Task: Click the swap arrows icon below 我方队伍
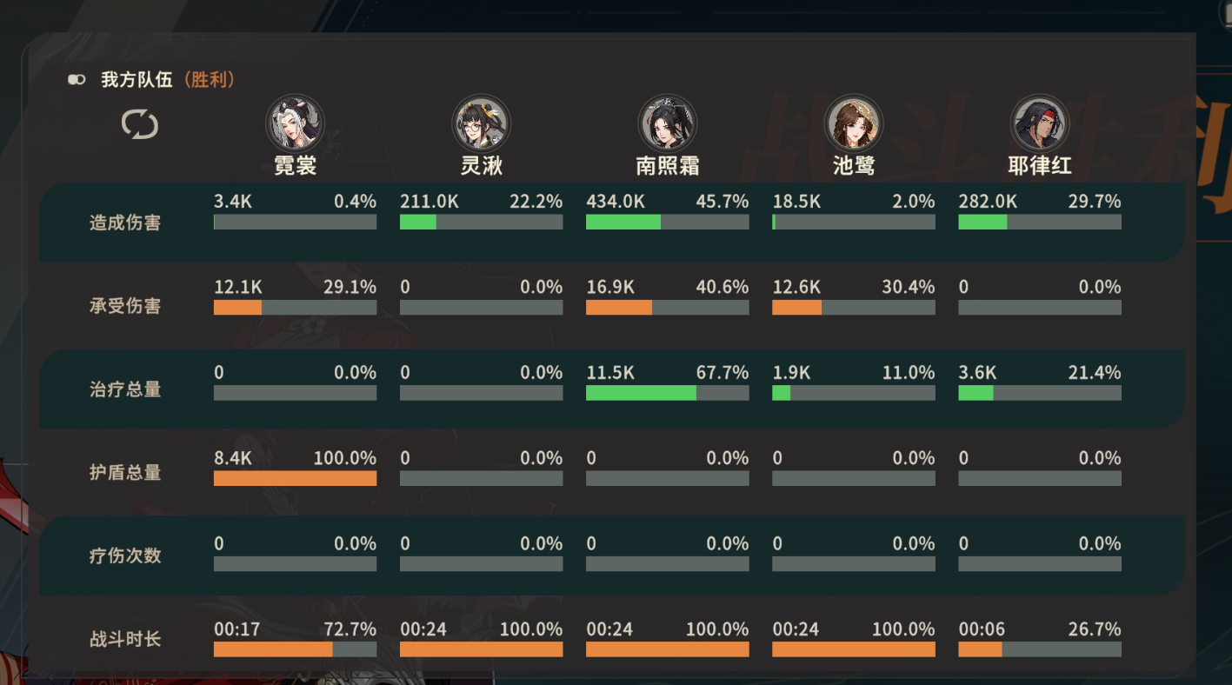pos(140,124)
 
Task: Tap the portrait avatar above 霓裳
pos(295,123)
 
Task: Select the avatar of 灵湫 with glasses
pos(481,123)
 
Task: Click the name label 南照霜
pos(667,165)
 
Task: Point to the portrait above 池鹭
pos(853,123)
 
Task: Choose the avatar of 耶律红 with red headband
pos(1039,123)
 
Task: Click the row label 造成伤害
pos(125,223)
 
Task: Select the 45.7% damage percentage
pos(722,202)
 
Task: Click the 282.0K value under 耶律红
pos(988,202)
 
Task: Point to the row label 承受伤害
pos(125,306)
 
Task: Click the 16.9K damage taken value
pos(610,287)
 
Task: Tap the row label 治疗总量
pos(125,389)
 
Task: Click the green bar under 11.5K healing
pos(641,393)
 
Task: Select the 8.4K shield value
pos(233,458)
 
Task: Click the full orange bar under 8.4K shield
pos(295,478)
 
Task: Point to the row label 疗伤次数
pos(125,555)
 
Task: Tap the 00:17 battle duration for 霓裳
pos(236,628)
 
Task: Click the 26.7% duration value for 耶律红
pos(1094,628)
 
